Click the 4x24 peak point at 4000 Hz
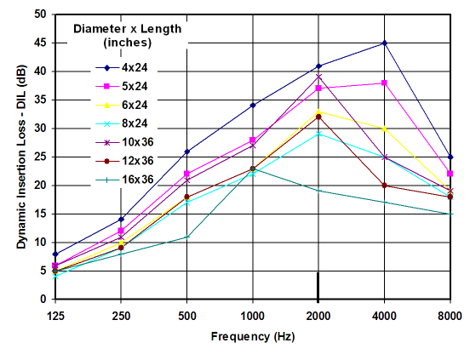pyautogui.click(x=385, y=43)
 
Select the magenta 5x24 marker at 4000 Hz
pyautogui.click(x=385, y=83)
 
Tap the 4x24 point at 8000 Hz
pyautogui.click(x=450, y=157)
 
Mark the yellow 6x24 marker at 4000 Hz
pyautogui.click(x=385, y=129)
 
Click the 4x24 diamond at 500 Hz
pyautogui.click(x=186, y=151)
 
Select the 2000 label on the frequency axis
pyautogui.click(x=318, y=313)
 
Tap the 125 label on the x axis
pyautogui.click(x=55, y=313)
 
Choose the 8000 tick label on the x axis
pyautogui.click(x=450, y=313)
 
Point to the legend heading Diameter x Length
pyautogui.click(x=127, y=28)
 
